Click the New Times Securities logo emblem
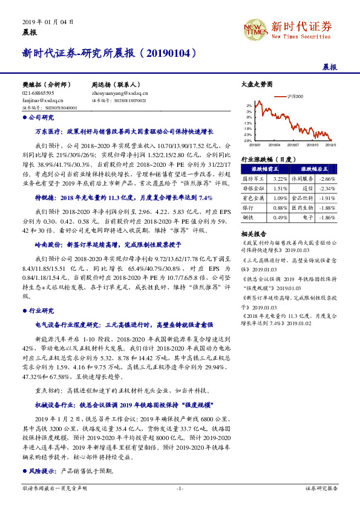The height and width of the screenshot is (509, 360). [255, 27]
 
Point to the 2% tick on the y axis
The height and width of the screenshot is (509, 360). [249, 105]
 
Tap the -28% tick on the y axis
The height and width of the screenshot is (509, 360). [248, 140]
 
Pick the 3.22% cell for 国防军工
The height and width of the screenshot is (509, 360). [280, 180]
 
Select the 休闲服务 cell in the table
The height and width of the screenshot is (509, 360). [301, 180]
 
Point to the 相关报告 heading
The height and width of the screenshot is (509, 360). [251, 233]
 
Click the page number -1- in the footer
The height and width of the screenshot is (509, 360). [180, 487]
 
